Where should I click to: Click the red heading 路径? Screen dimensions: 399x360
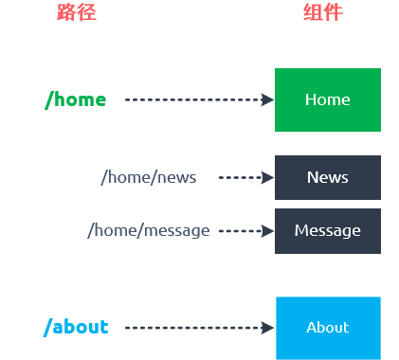click(x=77, y=12)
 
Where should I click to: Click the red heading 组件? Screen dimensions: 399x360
click(x=323, y=12)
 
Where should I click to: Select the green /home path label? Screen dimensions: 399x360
click(x=76, y=100)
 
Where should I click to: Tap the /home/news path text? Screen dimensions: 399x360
click(x=149, y=177)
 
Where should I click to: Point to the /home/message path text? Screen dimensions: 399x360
click(x=149, y=230)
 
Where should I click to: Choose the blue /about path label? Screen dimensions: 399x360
click(x=76, y=327)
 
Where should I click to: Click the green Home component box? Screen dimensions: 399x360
click(x=328, y=99)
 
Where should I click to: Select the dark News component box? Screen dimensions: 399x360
click(x=328, y=177)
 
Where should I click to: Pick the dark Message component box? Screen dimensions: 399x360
click(x=328, y=231)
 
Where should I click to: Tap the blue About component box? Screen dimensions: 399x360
click(x=328, y=328)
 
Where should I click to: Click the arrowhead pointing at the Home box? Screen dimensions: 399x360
click(x=267, y=99)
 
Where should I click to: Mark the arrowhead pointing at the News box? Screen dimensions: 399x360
click(x=267, y=177)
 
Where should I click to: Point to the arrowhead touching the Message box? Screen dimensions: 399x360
click(x=267, y=231)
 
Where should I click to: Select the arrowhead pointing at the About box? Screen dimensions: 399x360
click(x=267, y=328)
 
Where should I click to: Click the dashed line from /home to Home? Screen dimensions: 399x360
click(x=193, y=99)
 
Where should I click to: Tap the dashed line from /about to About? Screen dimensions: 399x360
click(x=193, y=328)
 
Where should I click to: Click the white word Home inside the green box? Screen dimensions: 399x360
click(x=328, y=99)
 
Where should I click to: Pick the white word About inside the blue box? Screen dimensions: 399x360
click(x=328, y=328)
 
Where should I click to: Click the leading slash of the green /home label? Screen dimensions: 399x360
click(x=49, y=100)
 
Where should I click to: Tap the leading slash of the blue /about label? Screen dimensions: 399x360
click(x=47, y=328)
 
